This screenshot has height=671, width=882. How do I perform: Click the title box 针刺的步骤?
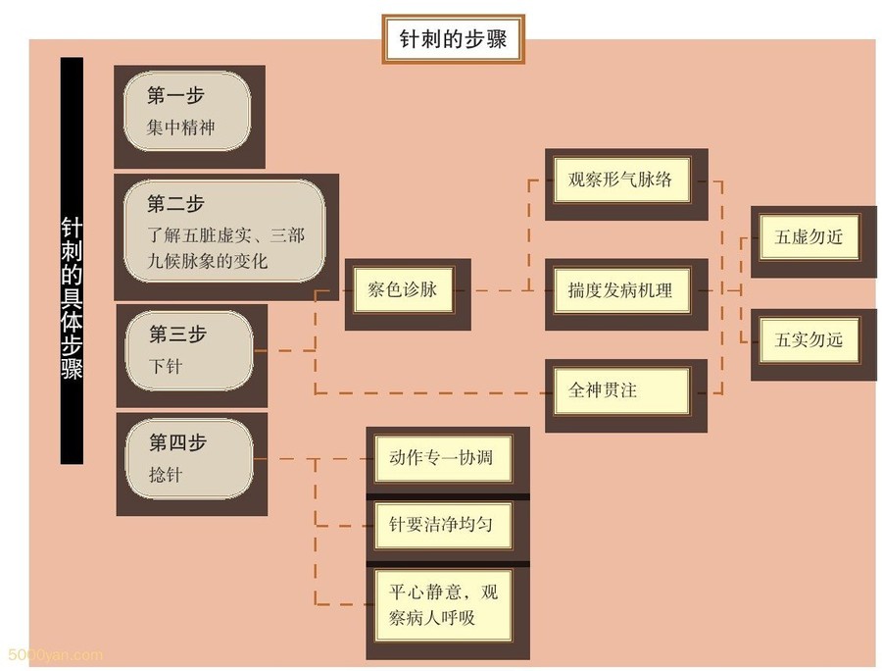(x=452, y=40)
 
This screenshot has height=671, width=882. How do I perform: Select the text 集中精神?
(x=180, y=128)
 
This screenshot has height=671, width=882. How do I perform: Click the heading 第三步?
(x=176, y=334)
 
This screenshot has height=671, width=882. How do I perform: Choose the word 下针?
(x=166, y=366)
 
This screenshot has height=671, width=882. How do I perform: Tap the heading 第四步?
(x=176, y=442)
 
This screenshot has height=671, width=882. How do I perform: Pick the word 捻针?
(x=166, y=475)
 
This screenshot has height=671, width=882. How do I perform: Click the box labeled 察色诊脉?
(x=402, y=290)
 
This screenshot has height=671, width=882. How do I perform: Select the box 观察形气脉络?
(x=620, y=181)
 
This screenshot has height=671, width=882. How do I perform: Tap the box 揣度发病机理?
(x=620, y=290)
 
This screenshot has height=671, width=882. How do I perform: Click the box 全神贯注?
(x=620, y=389)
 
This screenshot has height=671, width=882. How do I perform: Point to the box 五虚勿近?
(x=808, y=236)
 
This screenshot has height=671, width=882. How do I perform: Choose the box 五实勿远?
(x=808, y=340)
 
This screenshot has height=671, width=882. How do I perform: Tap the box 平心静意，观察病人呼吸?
(x=444, y=605)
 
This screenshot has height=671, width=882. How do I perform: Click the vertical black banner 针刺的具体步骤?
(x=72, y=260)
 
